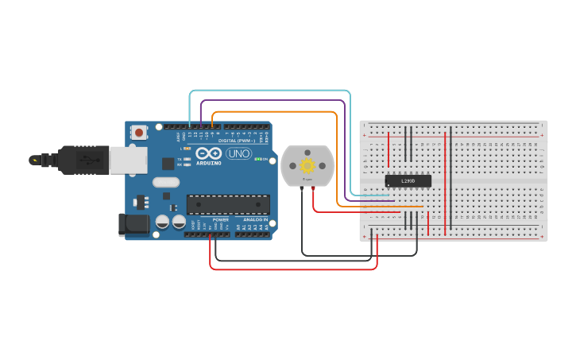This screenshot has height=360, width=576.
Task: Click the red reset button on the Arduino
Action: click(x=139, y=133)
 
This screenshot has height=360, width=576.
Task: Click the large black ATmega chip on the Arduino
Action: click(x=227, y=204)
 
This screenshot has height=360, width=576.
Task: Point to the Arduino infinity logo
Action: click(x=208, y=153)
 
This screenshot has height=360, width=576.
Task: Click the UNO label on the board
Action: click(x=238, y=153)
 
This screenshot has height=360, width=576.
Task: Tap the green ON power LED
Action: click(x=257, y=159)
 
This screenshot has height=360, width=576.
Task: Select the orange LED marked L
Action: click(x=187, y=149)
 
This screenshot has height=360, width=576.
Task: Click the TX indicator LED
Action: click(x=187, y=159)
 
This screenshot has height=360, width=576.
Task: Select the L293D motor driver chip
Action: click(x=408, y=180)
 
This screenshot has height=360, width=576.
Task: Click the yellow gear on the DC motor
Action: click(x=307, y=165)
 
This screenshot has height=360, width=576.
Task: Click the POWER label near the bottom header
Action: click(x=220, y=219)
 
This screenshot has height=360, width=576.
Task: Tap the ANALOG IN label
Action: click(x=255, y=219)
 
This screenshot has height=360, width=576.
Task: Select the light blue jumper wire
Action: click(x=270, y=91)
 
